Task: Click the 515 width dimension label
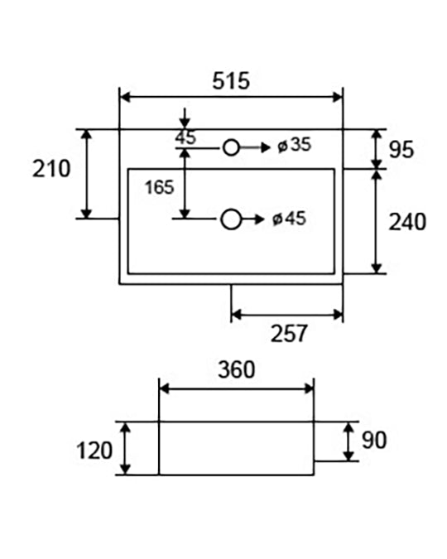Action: [231, 81]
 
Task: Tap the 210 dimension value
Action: [51, 169]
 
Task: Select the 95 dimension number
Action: [401, 150]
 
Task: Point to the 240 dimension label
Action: [407, 222]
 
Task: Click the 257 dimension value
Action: [289, 334]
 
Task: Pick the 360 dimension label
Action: [237, 369]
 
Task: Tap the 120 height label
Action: [94, 451]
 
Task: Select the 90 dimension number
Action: [374, 440]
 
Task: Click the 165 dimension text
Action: [159, 187]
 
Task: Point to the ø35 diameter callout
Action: [295, 145]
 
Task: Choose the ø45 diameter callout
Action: [289, 219]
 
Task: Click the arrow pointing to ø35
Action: [255, 147]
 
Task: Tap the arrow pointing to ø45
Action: [252, 219]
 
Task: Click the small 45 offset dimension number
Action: [185, 137]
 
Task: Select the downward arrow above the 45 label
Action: [185, 118]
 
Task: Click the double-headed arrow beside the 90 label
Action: [348, 441]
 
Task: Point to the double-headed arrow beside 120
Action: [125, 448]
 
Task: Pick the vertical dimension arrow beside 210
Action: [86, 174]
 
